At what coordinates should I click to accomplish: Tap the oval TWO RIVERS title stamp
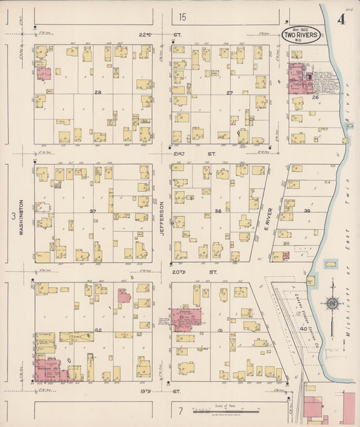pos(301,34)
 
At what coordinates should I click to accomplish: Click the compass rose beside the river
pos(332,303)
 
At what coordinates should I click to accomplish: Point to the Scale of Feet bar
pos(224,409)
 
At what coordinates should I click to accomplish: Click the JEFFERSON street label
pos(161,220)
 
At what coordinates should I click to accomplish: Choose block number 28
pos(98,92)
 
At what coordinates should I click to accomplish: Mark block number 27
pos(229,93)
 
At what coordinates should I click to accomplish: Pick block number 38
pos(217,211)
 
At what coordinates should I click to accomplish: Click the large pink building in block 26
pos(301,79)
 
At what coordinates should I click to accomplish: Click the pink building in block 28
pos(43,74)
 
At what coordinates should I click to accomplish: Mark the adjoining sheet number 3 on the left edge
pos(12,216)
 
